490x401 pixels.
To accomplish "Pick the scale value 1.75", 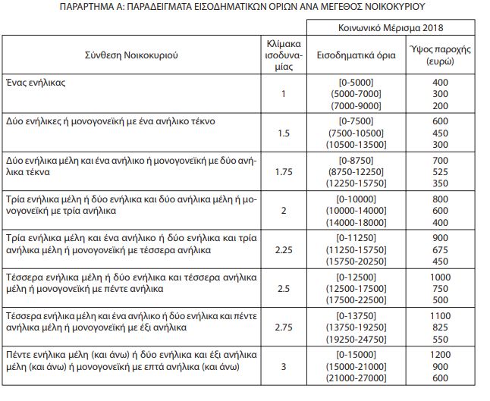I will [x=285, y=173].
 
